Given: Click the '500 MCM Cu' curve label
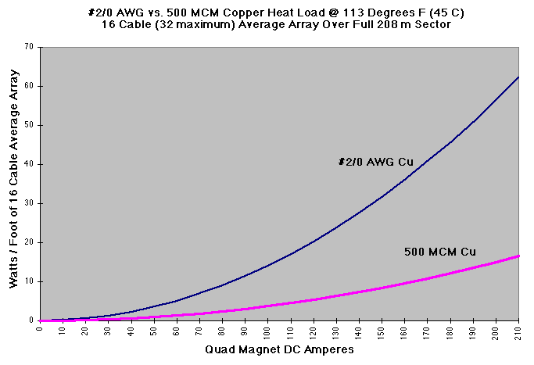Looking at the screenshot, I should click(x=440, y=252).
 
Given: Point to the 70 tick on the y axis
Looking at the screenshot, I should click(x=30, y=47).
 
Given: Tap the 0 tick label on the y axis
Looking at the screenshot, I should click(x=32, y=320).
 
